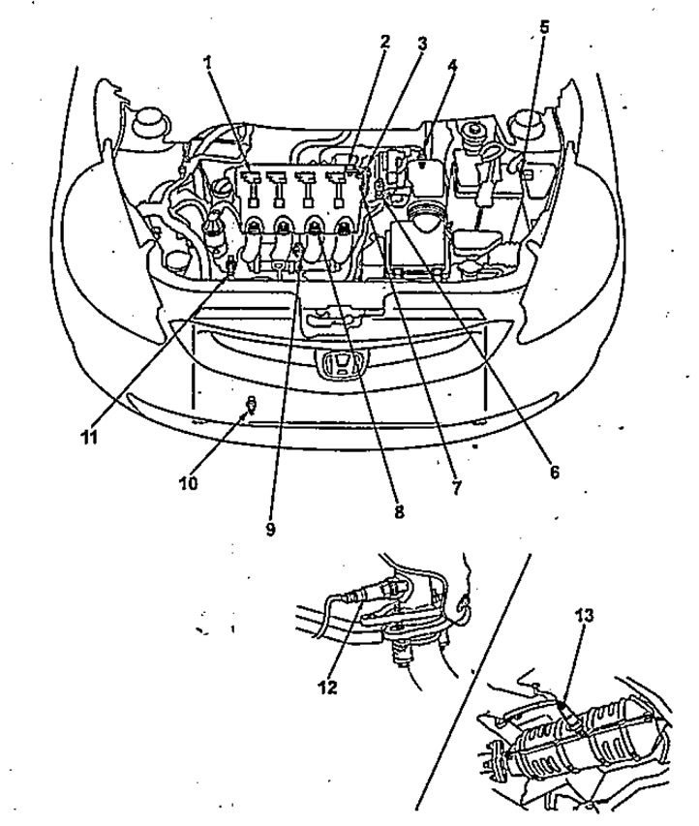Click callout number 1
click(208, 62)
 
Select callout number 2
click(385, 42)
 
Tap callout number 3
click(421, 44)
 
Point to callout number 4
click(452, 66)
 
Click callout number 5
click(544, 27)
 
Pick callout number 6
click(554, 472)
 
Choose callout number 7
click(456, 487)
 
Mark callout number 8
click(399, 511)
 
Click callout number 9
click(270, 529)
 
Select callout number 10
click(189, 483)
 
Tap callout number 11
click(89, 437)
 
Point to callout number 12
click(327, 688)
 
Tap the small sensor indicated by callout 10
click(252, 405)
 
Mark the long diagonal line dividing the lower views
click(473, 681)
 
